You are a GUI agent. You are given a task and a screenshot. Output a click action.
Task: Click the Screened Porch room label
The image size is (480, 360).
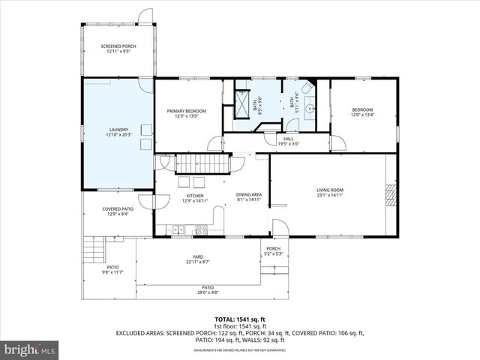[x=117, y=49]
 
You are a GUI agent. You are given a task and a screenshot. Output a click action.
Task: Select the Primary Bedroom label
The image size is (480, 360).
[x=186, y=113]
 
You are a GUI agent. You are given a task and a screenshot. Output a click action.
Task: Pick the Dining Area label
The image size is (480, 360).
[x=248, y=197]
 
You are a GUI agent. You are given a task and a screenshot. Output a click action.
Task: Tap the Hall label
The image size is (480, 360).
[x=289, y=141]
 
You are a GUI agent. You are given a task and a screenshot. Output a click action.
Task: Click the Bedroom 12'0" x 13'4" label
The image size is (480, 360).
[x=362, y=112]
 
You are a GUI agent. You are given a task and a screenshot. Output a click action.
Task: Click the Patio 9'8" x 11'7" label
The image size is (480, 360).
[x=112, y=269]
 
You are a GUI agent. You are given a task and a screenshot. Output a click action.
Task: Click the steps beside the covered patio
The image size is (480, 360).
[x=94, y=250]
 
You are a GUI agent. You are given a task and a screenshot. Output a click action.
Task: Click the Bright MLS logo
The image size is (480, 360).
[x=30, y=349]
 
